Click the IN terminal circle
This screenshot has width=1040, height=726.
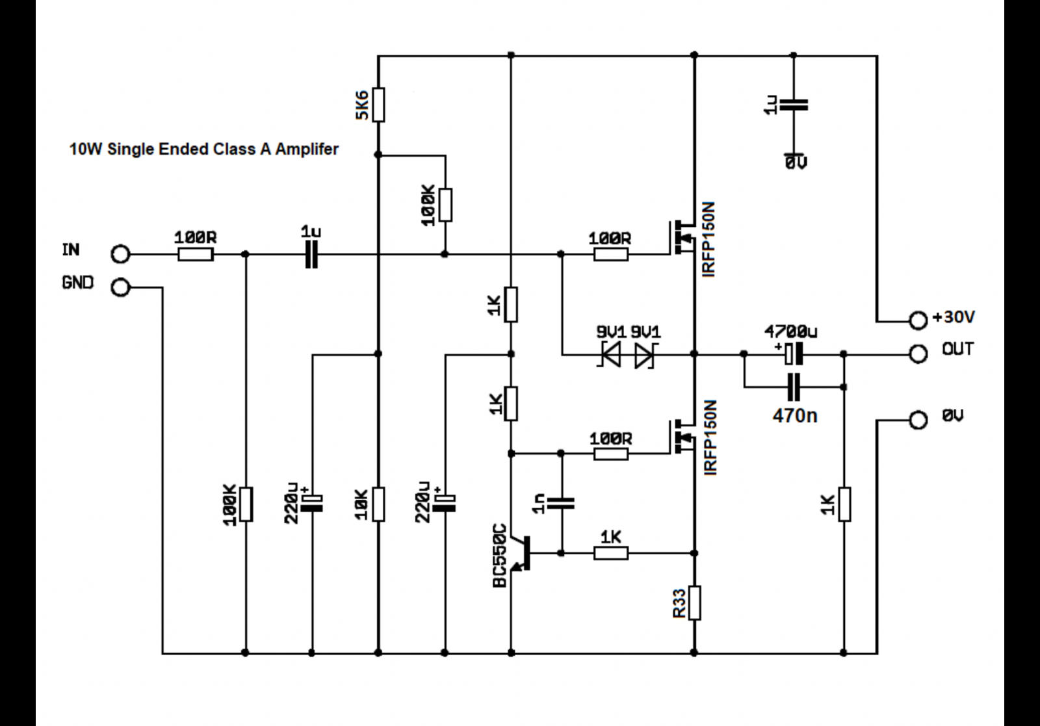(x=121, y=254)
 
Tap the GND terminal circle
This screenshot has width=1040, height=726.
(x=121, y=287)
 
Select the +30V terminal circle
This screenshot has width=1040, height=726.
(x=918, y=320)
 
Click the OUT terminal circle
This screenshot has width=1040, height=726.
(x=918, y=354)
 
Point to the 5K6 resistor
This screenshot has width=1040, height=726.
(x=378, y=104)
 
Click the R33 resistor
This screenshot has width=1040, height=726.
(x=694, y=603)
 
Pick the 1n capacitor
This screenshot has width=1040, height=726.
(x=561, y=502)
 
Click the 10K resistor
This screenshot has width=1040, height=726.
(x=378, y=504)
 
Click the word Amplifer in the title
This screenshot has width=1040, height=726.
(x=306, y=149)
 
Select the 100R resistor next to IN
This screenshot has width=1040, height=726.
(x=195, y=254)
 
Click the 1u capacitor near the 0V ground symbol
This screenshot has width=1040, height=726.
(x=794, y=104)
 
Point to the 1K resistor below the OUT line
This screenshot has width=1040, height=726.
(x=844, y=504)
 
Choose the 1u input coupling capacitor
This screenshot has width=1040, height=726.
(x=311, y=254)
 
